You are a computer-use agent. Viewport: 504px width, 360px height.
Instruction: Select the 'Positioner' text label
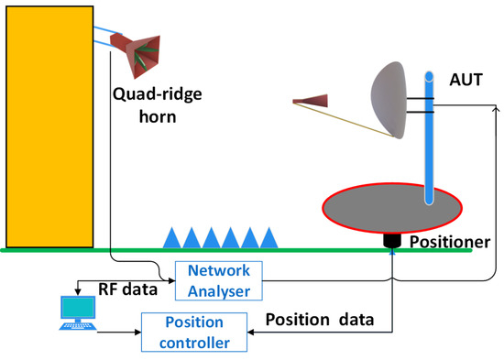pos(442,245)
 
